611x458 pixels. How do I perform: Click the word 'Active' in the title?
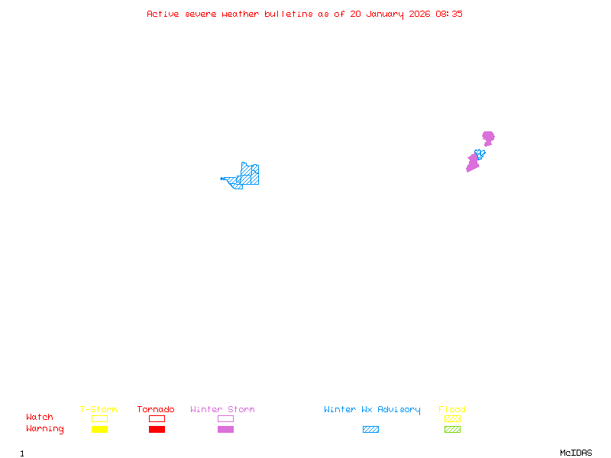pyautogui.click(x=163, y=14)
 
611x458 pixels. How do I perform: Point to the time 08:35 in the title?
pyautogui.click(x=450, y=14)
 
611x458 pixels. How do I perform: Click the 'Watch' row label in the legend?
pyautogui.click(x=40, y=418)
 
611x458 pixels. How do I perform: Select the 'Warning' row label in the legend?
pyautogui.click(x=45, y=429)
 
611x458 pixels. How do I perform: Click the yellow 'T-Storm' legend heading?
pyautogui.click(x=99, y=410)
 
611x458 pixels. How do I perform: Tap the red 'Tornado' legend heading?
pyautogui.click(x=156, y=410)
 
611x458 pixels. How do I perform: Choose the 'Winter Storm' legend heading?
pyautogui.click(x=222, y=410)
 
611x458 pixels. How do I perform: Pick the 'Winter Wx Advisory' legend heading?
pyautogui.click(x=372, y=410)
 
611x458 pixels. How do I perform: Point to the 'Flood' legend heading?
pyautogui.click(x=452, y=410)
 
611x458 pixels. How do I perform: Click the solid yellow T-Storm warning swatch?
pyautogui.click(x=99, y=430)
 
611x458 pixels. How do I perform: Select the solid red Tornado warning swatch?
pyautogui.click(x=157, y=430)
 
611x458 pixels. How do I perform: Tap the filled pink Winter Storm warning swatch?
pyautogui.click(x=225, y=430)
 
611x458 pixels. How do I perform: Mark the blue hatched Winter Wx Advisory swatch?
pyautogui.click(x=370, y=430)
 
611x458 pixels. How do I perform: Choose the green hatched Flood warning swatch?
pyautogui.click(x=452, y=430)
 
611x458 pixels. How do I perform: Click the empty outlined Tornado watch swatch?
pyautogui.click(x=157, y=418)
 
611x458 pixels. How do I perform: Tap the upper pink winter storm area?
pyautogui.click(x=488, y=137)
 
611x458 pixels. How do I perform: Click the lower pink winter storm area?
pyautogui.click(x=473, y=163)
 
